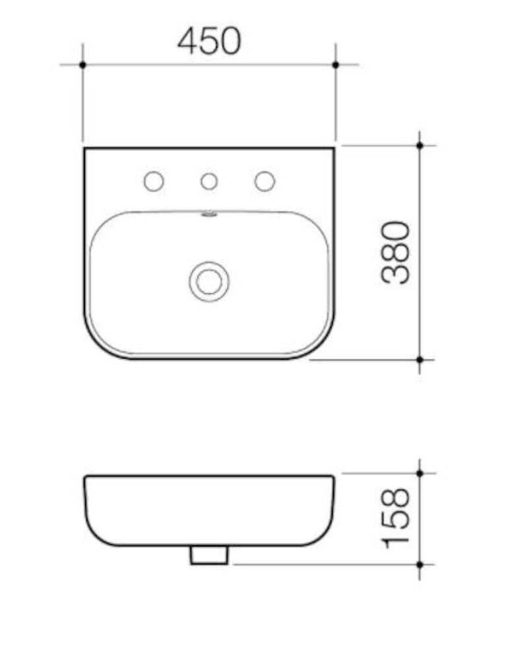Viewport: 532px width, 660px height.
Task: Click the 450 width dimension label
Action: [209, 41]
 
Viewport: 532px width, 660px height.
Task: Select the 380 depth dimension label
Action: [395, 253]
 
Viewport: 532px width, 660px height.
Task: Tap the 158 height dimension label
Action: [395, 518]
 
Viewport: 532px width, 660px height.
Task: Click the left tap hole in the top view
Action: [154, 181]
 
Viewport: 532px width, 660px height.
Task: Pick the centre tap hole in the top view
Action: [209, 181]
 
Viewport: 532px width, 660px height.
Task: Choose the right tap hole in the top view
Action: [265, 181]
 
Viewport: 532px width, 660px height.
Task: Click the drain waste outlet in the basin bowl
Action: [209, 282]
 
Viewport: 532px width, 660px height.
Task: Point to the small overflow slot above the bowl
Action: [209, 215]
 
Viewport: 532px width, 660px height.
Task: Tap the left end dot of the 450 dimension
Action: [83, 65]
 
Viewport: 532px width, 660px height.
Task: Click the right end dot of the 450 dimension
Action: [335, 65]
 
